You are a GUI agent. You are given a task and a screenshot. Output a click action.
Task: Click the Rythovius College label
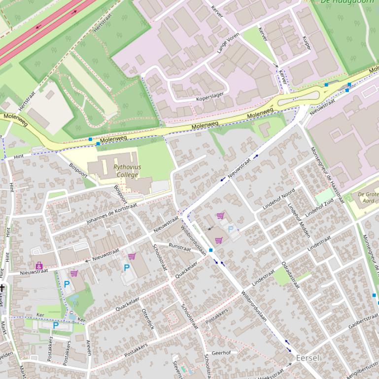point(127,171)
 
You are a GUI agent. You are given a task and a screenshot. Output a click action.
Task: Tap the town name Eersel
point(308,358)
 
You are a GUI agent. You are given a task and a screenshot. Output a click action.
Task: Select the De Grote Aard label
point(368,197)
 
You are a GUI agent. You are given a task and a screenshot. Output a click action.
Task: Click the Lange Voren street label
point(228,43)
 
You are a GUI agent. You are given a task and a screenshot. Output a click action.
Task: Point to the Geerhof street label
point(221,353)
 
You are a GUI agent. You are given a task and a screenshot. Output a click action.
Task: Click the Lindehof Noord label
point(278,199)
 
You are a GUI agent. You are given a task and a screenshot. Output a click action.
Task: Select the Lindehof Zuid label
point(319,208)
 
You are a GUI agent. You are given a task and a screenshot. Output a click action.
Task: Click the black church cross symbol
point(2,287)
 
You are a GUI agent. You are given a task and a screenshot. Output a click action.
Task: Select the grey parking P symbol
point(230,229)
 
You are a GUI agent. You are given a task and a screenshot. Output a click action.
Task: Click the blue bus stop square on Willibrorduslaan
point(211,251)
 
